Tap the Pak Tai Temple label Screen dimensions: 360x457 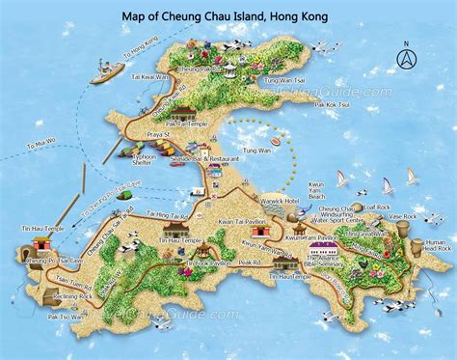[186, 124]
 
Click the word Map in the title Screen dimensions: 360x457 [137, 16]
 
